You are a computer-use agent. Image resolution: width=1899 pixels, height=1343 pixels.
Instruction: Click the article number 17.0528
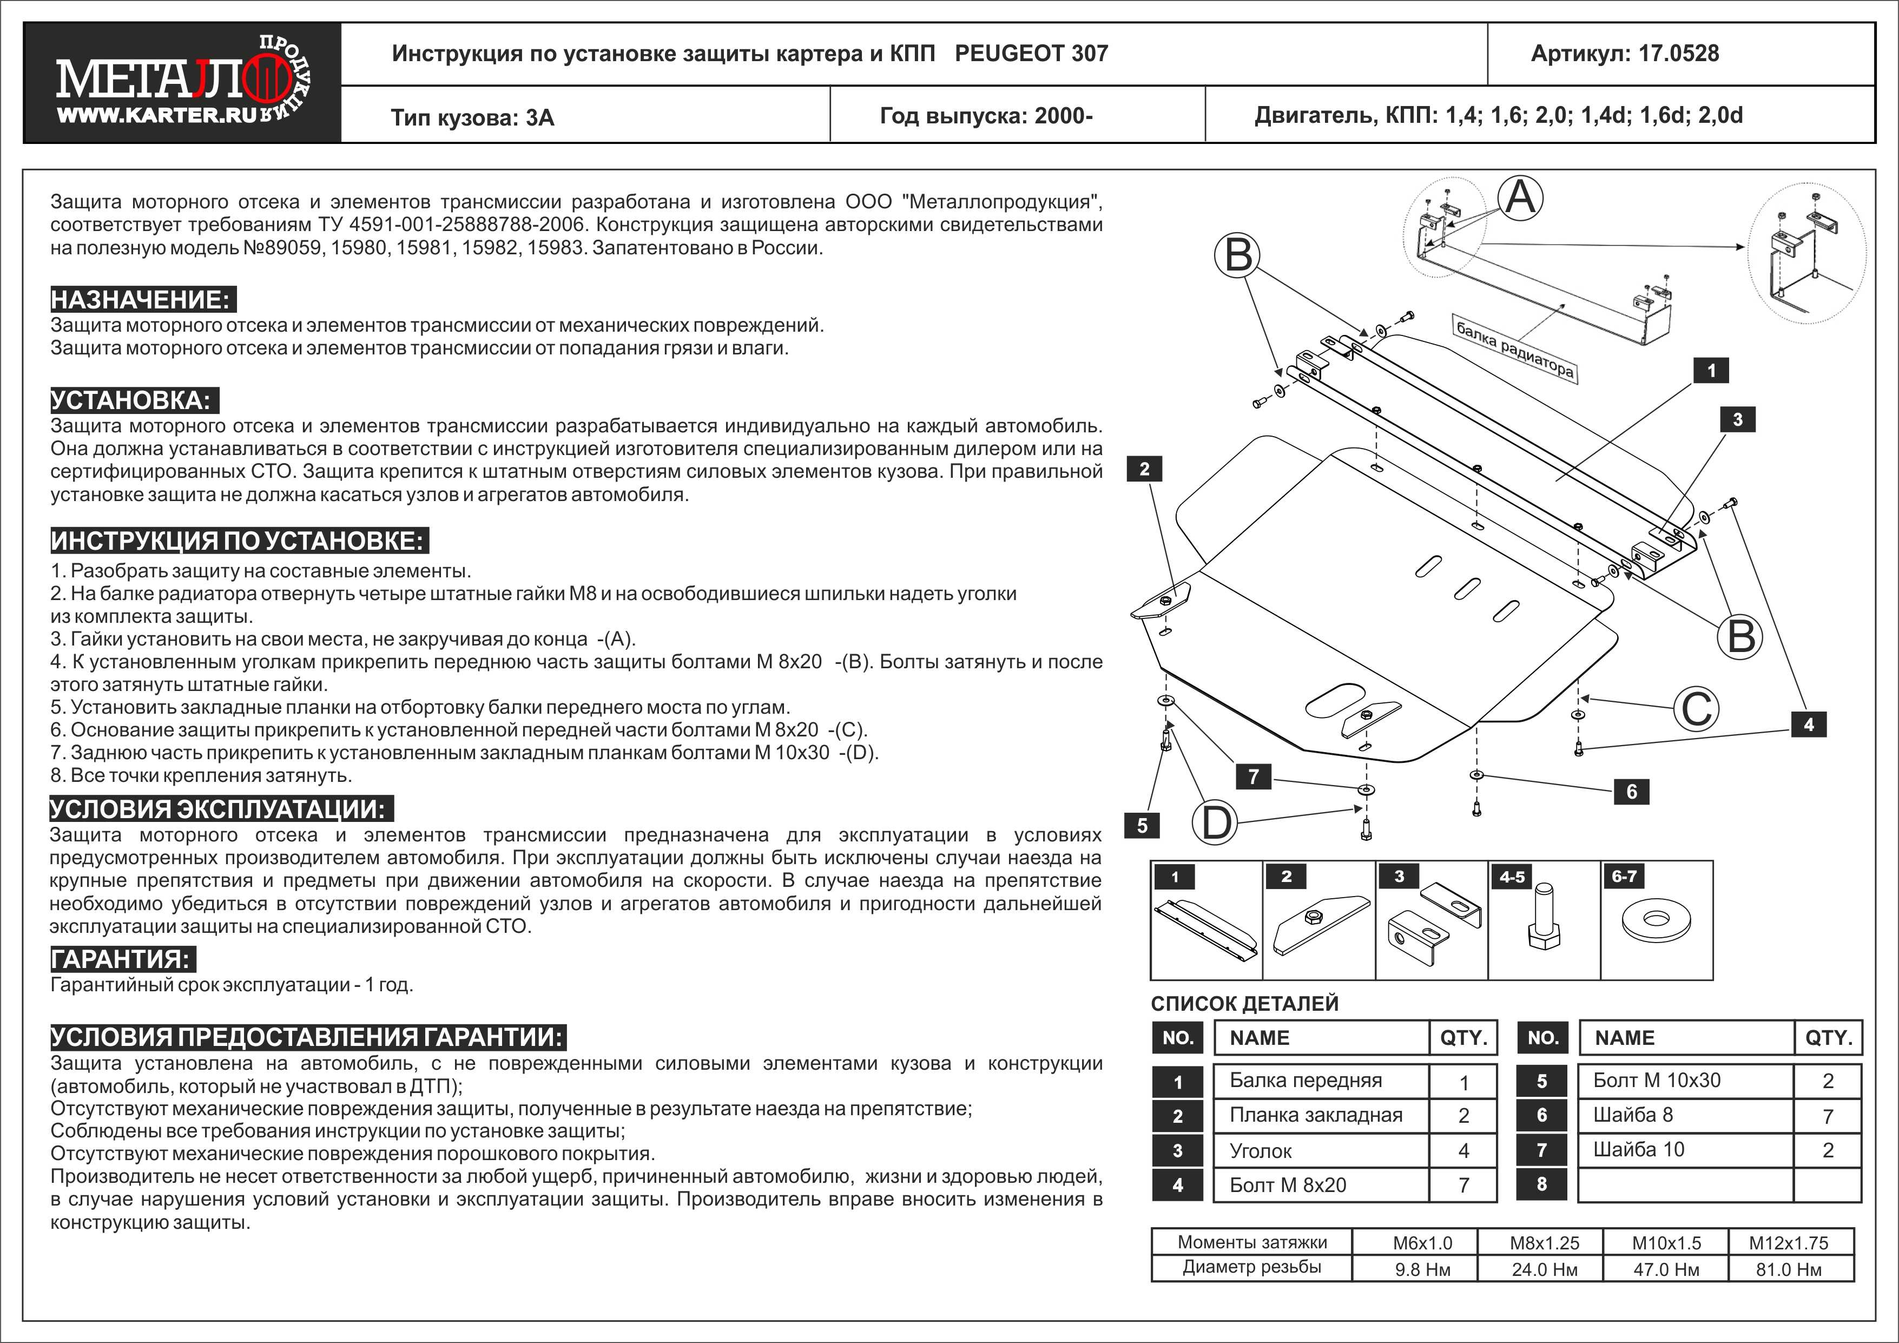(x=1678, y=54)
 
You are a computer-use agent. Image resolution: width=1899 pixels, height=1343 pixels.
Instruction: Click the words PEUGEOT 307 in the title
(x=1031, y=54)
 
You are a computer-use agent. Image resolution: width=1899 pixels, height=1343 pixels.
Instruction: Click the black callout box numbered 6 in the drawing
(x=1631, y=792)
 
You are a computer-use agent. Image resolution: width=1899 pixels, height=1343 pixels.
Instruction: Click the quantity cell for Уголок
(x=1463, y=1150)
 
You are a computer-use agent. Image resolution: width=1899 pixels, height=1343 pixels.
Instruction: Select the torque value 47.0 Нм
(x=1666, y=1269)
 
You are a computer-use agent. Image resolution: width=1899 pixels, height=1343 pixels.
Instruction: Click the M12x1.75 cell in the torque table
(x=1788, y=1243)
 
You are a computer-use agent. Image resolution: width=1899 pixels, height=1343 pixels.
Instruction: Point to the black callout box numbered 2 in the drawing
(x=1144, y=469)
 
